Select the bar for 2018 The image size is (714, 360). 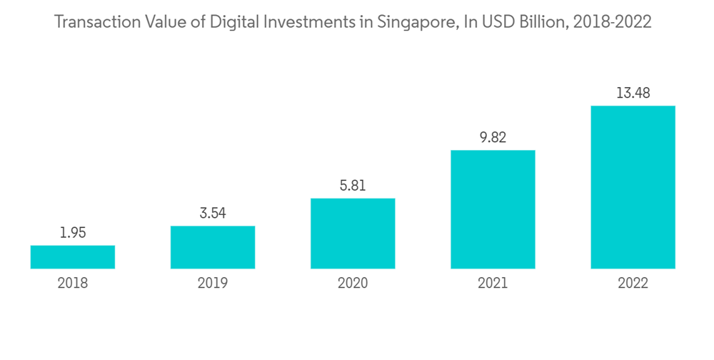[73, 257]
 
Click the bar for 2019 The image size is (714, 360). [213, 247]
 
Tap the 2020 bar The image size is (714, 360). [353, 234]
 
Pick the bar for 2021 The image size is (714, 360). [493, 209]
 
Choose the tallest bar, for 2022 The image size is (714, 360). [633, 187]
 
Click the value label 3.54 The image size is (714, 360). [213, 213]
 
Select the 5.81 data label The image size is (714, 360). [353, 185]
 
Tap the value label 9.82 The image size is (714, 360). [493, 137]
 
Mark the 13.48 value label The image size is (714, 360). [633, 93]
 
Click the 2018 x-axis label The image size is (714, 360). [73, 284]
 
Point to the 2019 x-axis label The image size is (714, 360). [213, 284]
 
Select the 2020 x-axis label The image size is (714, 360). [353, 284]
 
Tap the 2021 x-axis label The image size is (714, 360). [493, 284]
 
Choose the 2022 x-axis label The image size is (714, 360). [633, 284]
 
